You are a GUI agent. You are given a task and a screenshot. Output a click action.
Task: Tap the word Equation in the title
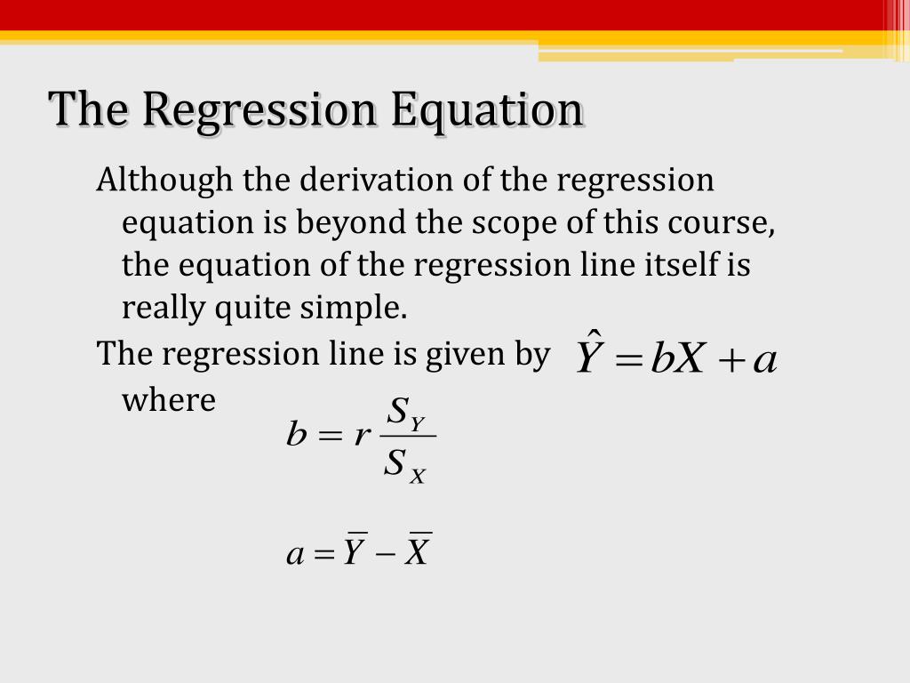tap(487, 110)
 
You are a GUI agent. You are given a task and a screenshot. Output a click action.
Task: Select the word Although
tap(164, 181)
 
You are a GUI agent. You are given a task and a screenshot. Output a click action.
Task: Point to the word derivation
tap(376, 180)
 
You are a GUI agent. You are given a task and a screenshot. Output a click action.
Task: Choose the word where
tap(169, 399)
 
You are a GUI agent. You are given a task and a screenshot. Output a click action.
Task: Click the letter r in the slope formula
tap(362, 434)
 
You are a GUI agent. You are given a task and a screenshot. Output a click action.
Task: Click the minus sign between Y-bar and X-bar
tap(386, 553)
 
